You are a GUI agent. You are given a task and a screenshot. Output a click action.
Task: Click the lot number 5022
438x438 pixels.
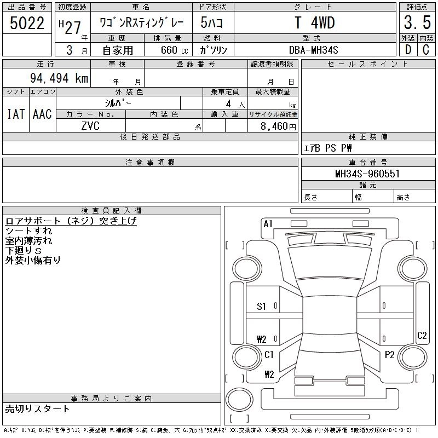click(27, 23)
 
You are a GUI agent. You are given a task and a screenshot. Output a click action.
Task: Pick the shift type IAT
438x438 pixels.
click(16, 114)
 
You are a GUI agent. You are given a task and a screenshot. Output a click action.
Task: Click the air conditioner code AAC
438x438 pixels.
click(42, 114)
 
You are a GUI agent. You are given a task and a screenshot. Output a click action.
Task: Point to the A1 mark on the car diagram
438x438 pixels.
click(268, 223)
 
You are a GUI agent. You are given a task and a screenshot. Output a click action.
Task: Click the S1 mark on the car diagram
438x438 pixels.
click(262, 307)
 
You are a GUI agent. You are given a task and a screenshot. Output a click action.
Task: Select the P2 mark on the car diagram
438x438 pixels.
click(389, 355)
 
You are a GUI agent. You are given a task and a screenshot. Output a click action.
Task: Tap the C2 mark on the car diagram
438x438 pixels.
click(422, 336)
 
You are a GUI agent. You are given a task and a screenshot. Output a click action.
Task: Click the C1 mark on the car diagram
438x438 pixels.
click(269, 355)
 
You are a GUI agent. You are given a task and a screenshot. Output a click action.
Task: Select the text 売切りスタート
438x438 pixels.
click(37, 408)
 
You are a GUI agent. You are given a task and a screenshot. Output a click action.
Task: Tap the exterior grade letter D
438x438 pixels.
click(407, 50)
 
